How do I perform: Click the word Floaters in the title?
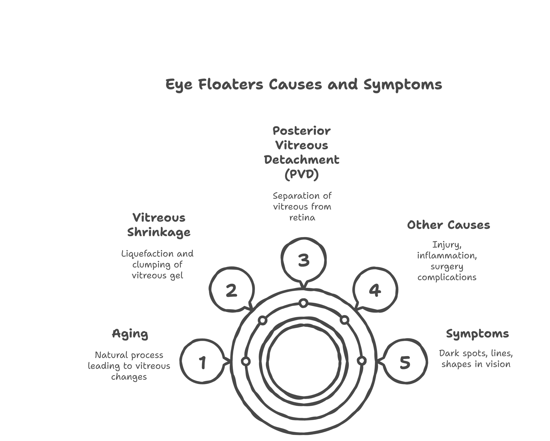click(x=231, y=84)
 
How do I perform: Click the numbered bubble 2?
click(x=232, y=290)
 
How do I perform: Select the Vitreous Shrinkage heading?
click(x=159, y=225)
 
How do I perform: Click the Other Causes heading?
click(x=448, y=225)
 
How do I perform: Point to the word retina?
click(x=302, y=218)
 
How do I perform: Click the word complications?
click(x=447, y=278)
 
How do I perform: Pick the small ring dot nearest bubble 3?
click(x=304, y=303)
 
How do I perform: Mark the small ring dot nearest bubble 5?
click(x=362, y=361)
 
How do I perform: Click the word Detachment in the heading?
click(x=301, y=160)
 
